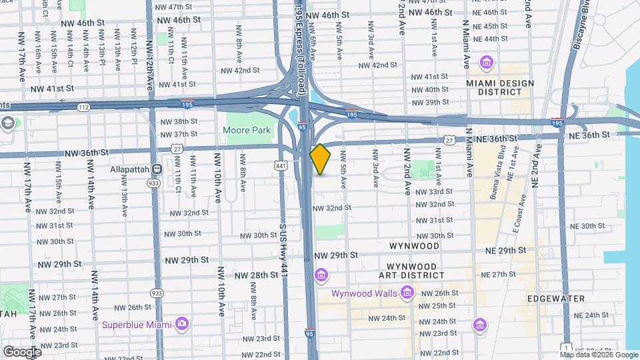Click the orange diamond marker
point(320,159)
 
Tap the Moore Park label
point(247,130)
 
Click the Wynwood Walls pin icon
point(407,293)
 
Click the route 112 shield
point(83,107)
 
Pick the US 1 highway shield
point(565,348)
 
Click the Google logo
point(21,351)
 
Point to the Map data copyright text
point(598,355)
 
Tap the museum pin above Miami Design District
point(487,63)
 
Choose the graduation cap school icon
point(8,123)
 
